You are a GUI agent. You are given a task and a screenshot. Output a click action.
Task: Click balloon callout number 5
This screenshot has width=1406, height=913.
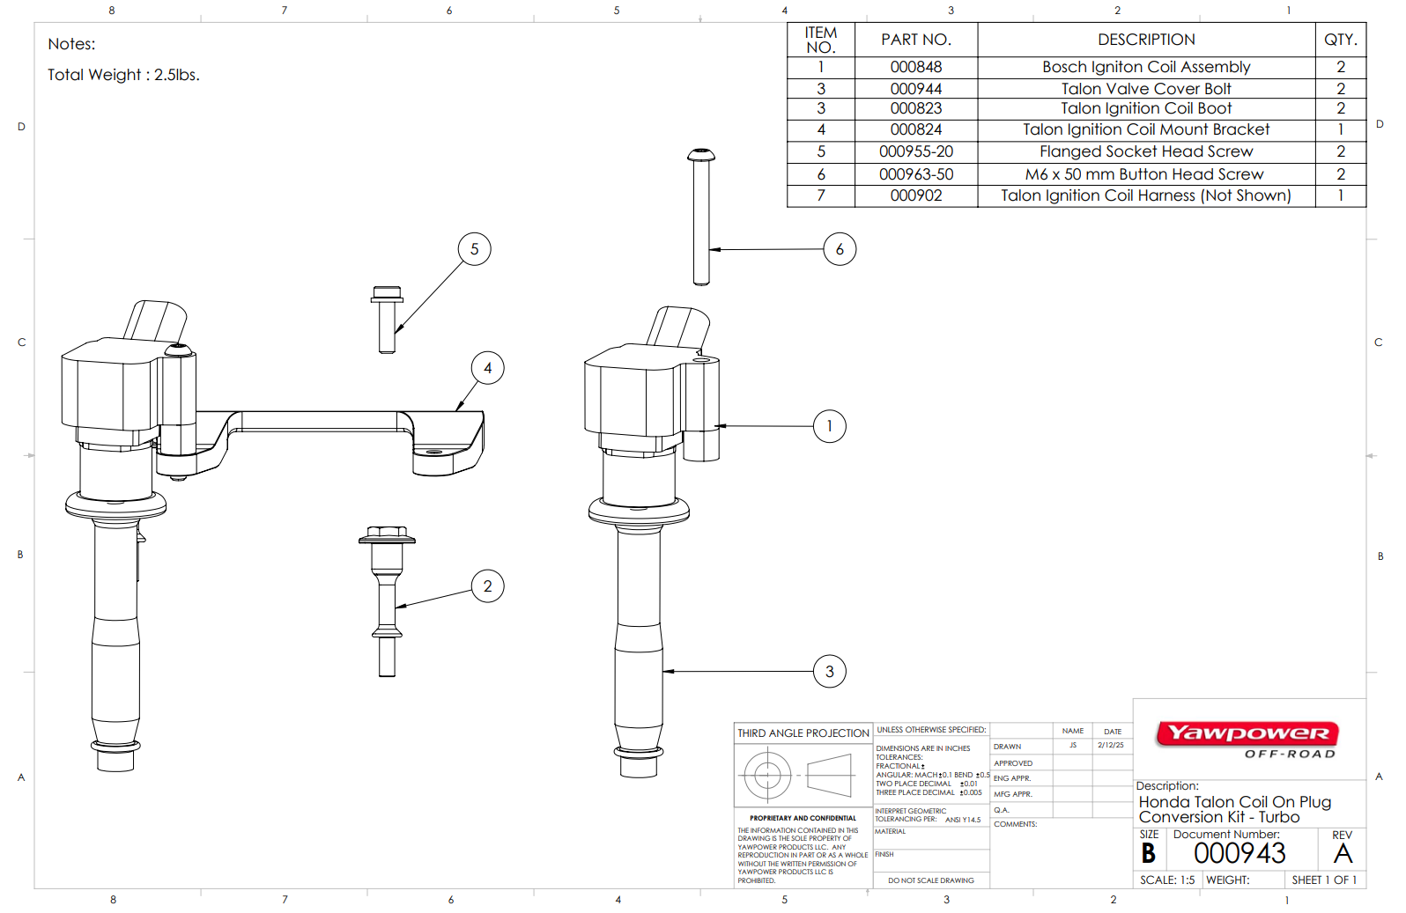coord(474,249)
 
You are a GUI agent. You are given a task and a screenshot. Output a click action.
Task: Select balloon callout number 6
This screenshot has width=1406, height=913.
coord(839,249)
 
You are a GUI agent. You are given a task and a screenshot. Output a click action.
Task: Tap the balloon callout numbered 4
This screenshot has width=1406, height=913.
coord(487,368)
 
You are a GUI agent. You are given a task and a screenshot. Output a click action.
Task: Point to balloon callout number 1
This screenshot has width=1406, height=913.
coord(829,426)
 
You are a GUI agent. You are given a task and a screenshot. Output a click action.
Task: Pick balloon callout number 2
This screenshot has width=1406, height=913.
coord(487,586)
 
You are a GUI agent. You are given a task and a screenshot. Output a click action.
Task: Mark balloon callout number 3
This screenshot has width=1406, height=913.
coord(829,672)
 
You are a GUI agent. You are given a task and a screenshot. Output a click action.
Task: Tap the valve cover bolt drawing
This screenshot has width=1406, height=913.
coord(387,602)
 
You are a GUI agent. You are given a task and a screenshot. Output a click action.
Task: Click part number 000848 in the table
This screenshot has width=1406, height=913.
coord(915,67)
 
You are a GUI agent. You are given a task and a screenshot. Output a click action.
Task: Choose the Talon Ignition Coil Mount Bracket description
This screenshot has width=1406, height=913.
coord(1145,129)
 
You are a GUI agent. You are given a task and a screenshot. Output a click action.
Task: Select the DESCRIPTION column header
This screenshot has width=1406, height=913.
coord(1145,40)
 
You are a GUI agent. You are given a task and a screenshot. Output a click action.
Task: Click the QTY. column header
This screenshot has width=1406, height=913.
coord(1340,40)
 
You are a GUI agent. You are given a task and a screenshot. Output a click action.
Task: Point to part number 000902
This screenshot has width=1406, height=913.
coord(915,195)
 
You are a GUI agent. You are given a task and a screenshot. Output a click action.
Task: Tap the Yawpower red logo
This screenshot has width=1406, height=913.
coord(1247,733)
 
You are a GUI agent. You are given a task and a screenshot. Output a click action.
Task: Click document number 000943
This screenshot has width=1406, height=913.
coord(1239,853)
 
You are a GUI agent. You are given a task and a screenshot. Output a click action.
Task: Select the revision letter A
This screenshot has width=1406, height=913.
coord(1343,853)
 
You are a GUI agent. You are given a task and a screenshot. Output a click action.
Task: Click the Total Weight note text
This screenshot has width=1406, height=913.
coord(123,75)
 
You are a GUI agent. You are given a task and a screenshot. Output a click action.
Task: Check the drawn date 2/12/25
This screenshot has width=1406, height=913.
coord(1110,746)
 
